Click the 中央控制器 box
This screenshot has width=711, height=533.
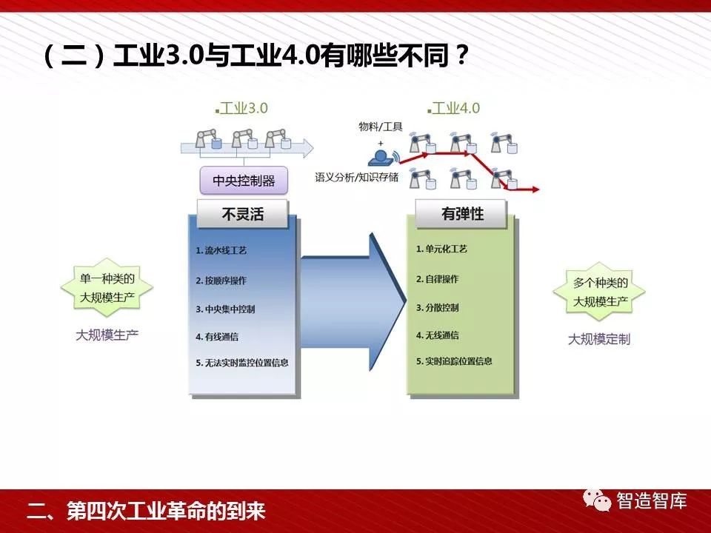point(244,181)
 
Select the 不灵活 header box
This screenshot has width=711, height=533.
point(243,214)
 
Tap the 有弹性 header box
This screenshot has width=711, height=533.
point(461,213)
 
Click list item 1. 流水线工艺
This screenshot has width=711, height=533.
point(221,250)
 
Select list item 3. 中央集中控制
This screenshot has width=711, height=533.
point(225,309)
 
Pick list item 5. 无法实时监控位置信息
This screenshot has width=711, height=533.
point(242,363)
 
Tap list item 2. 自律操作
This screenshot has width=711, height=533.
point(437,279)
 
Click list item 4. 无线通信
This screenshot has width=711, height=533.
point(437,335)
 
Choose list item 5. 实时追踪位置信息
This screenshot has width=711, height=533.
point(454,361)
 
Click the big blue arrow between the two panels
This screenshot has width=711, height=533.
point(353,302)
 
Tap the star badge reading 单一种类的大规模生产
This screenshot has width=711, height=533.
point(107,287)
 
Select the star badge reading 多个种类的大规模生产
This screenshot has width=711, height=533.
point(599,292)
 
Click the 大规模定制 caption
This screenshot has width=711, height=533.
point(599,339)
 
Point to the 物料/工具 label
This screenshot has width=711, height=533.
point(381,127)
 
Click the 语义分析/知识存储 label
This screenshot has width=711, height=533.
point(357,177)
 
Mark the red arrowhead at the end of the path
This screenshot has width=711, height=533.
point(535,190)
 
